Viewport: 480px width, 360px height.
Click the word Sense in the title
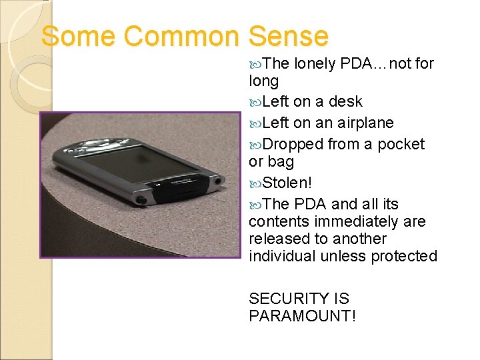289,36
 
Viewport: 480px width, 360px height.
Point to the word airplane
365,123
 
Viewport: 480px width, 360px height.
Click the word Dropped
291,145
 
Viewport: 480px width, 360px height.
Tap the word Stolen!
287,183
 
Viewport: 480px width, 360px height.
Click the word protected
405,256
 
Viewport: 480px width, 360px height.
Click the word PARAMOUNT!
302,316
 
